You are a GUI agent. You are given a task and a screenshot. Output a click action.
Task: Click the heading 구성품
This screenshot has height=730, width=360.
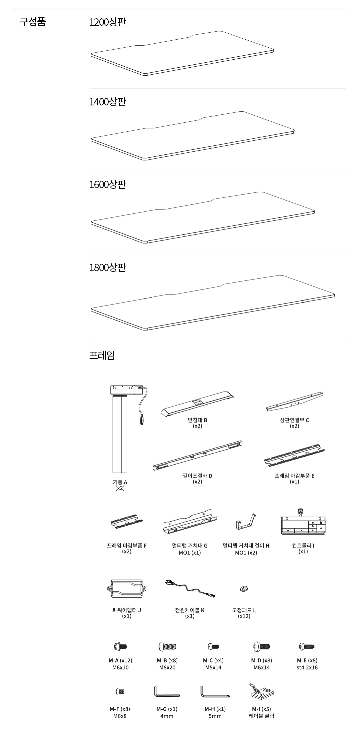(x=33, y=22)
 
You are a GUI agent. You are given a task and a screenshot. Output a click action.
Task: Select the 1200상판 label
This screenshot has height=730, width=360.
(x=108, y=22)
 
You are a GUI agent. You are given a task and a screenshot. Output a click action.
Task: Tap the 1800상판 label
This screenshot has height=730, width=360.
(x=108, y=267)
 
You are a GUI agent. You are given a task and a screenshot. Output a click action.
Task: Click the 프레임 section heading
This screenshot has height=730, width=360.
(x=102, y=355)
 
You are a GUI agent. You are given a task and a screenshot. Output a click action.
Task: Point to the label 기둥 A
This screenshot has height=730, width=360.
(x=120, y=482)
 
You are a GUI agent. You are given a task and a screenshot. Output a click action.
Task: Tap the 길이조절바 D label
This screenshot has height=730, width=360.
(x=197, y=476)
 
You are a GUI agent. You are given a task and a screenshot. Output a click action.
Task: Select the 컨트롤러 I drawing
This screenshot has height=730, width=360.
(x=303, y=524)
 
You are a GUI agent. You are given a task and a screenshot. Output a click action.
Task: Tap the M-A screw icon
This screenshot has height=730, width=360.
(x=120, y=646)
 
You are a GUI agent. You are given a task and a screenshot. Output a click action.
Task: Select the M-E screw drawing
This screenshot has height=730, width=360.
(x=307, y=646)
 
